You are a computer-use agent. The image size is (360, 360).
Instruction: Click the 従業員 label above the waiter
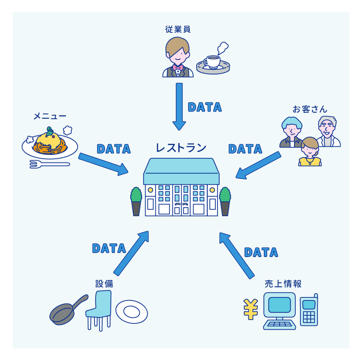click(177, 29)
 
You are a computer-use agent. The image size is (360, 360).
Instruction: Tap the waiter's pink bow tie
click(177, 67)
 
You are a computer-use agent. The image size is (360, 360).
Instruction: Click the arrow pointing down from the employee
click(179, 106)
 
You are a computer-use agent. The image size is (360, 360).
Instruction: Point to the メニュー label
click(50, 116)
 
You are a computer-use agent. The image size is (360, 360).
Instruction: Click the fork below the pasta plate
click(49, 164)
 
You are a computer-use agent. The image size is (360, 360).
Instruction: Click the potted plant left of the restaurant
click(136, 201)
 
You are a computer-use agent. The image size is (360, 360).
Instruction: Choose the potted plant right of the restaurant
click(225, 201)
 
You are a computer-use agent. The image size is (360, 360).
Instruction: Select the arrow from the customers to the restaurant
click(258, 165)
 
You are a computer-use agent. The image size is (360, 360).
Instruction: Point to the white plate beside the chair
click(132, 312)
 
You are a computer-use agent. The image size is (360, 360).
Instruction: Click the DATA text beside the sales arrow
click(261, 252)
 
